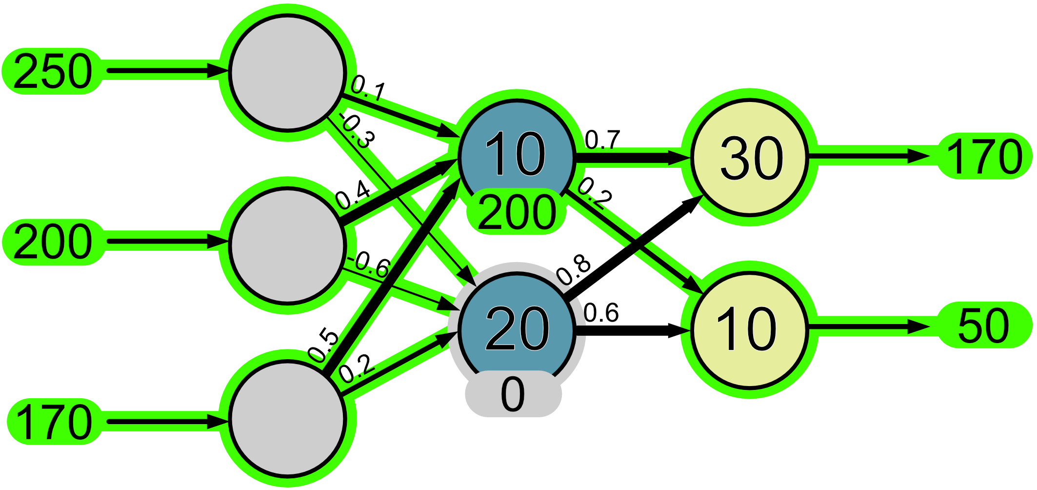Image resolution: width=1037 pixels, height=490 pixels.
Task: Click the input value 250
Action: (53, 72)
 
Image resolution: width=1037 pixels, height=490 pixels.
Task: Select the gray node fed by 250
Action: (287, 73)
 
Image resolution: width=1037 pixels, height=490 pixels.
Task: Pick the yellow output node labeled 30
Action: (750, 157)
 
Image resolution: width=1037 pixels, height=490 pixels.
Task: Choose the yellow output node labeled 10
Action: (749, 329)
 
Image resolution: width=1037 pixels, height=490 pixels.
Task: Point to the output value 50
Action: (983, 326)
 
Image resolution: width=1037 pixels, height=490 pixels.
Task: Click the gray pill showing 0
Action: (513, 394)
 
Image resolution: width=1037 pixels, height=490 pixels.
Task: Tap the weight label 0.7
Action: (602, 140)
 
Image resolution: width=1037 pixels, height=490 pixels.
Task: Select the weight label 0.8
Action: (574, 270)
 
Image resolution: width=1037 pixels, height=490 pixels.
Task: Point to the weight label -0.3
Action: (358, 131)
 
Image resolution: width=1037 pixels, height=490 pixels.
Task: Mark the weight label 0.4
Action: (353, 195)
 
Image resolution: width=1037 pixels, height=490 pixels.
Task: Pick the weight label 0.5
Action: (323, 346)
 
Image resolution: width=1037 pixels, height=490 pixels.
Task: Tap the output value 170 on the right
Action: (984, 157)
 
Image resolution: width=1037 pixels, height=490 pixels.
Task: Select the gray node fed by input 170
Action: (287, 418)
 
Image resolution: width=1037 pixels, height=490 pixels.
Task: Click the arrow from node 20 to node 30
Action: (634, 249)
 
